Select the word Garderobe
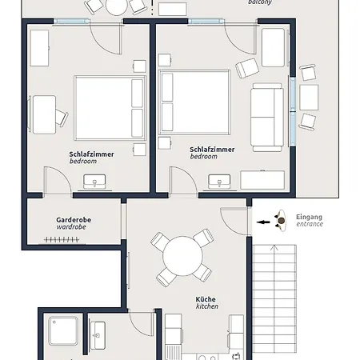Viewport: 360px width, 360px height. [71, 219]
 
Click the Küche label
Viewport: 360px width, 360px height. [206, 300]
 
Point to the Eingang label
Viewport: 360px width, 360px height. [309, 217]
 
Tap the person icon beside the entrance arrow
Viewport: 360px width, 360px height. [281, 220]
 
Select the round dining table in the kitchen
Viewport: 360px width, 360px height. [184, 258]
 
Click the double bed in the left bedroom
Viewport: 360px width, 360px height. [109, 108]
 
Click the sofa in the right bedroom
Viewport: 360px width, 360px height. [266, 117]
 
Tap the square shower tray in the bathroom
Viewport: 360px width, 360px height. [63, 332]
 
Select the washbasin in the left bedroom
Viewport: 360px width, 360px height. [99, 183]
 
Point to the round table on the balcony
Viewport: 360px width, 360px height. [117, 7]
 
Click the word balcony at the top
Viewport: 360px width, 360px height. [259, 2]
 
